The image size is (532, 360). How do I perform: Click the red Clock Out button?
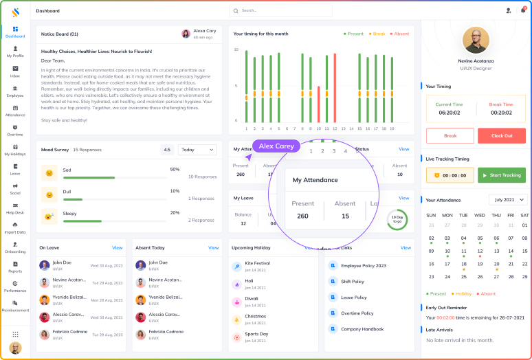click(x=501, y=135)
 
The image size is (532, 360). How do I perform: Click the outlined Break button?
click(x=450, y=135)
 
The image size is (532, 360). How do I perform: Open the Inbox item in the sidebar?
click(x=15, y=71)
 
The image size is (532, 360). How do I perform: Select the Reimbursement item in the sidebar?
click(x=15, y=306)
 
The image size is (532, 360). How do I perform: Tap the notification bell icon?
click(x=523, y=10)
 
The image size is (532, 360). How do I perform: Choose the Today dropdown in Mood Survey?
click(x=197, y=149)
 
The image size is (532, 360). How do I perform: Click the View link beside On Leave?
click(x=118, y=247)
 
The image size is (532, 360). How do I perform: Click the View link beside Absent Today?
click(x=214, y=247)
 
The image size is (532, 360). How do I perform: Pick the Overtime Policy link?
click(x=357, y=313)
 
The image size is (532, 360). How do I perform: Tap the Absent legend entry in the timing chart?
click(x=399, y=34)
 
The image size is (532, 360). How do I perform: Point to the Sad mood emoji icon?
click(x=49, y=172)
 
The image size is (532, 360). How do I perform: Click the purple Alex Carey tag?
click(x=276, y=146)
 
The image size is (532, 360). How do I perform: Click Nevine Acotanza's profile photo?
click(x=475, y=40)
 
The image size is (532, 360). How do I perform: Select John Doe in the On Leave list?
click(x=62, y=262)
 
